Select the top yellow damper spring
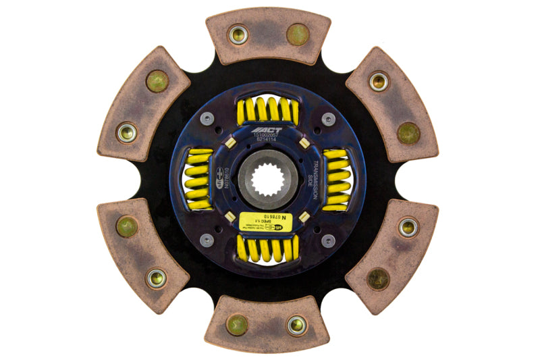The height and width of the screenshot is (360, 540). point(268,109)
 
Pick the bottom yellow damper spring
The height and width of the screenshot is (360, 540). point(268,250)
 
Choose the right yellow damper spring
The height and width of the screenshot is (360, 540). point(337,180)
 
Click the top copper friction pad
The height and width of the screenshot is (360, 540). point(268,36)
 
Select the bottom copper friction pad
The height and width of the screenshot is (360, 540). point(268,323)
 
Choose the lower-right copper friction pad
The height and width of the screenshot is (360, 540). point(392,255)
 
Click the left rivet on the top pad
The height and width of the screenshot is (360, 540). point(238,34)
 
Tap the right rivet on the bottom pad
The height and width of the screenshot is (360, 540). point(297,325)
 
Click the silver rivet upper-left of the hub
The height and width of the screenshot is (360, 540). point(207,119)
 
